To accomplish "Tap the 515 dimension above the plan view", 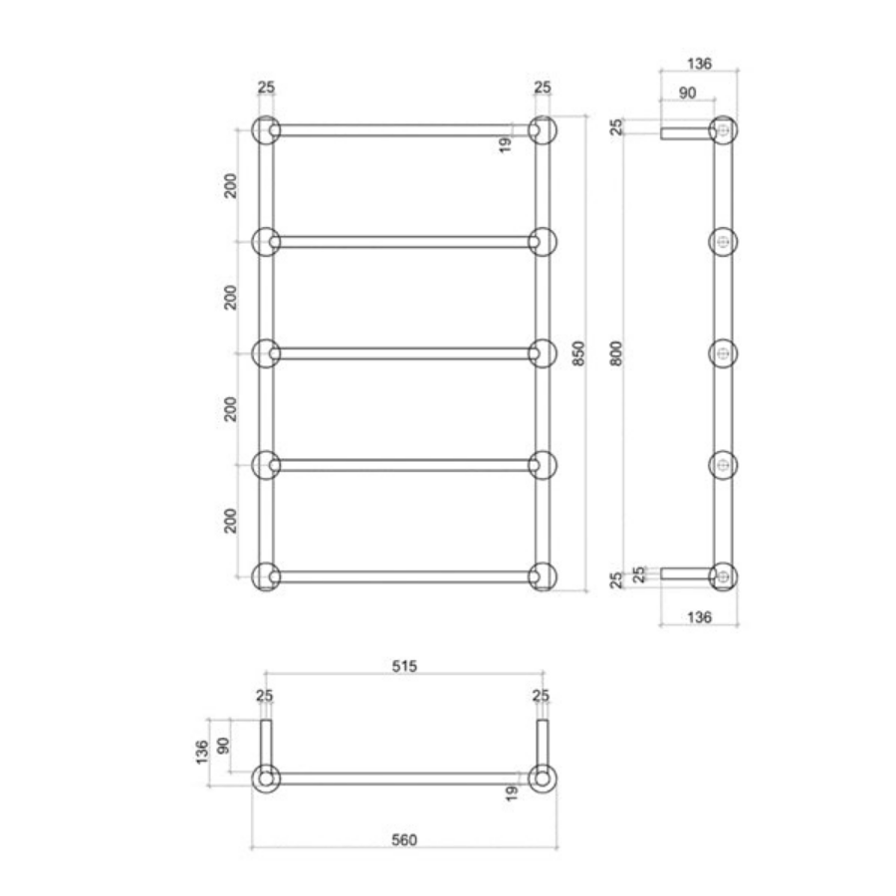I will click(403, 663).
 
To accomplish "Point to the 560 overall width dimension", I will click(403, 839).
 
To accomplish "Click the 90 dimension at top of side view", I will click(687, 94).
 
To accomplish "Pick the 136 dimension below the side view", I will click(699, 617).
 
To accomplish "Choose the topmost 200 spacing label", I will click(231, 186).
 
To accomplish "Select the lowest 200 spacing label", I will click(231, 521).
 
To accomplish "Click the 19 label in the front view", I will click(506, 143).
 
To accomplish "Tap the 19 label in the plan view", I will click(512, 793).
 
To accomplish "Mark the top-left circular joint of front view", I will click(266, 130).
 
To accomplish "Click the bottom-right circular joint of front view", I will click(543, 577).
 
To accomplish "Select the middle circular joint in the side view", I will click(724, 354).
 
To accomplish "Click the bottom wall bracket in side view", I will click(685, 572).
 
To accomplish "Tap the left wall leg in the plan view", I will click(266, 741).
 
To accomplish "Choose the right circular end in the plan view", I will click(543, 779).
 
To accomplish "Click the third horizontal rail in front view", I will click(403, 353).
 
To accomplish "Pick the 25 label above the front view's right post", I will click(542, 88).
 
